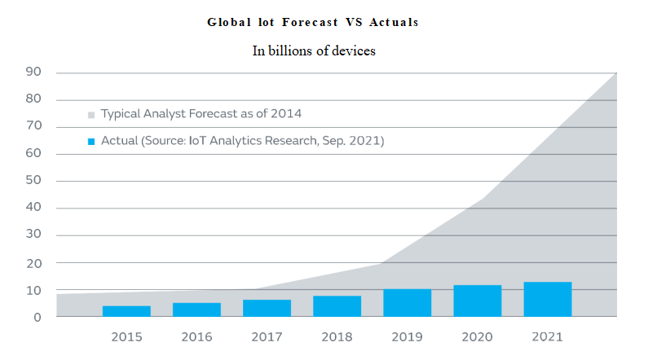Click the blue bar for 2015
click(x=126, y=311)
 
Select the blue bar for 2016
click(x=196, y=310)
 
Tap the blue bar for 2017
click(x=267, y=308)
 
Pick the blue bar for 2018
click(x=337, y=306)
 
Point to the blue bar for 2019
click(x=407, y=303)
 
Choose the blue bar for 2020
click(x=477, y=301)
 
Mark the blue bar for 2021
click(x=547, y=299)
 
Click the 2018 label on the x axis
click(x=337, y=336)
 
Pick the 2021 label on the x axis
click(x=547, y=336)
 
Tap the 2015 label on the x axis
click(x=126, y=336)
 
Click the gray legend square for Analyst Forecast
click(x=91, y=114)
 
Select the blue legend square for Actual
click(x=91, y=142)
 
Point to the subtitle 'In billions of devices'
click(x=313, y=50)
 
